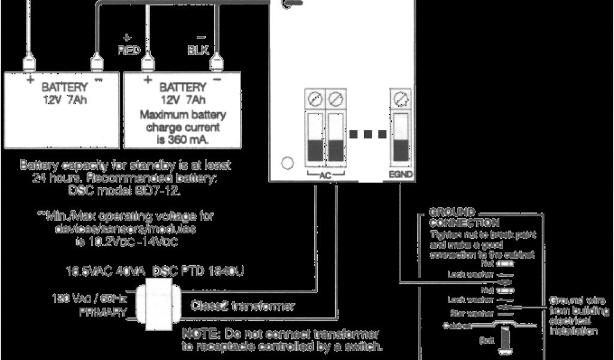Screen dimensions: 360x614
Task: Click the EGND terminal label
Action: coord(401,175)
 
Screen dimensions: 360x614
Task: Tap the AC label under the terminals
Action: coord(324,175)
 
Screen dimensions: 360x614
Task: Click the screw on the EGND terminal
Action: coord(401,97)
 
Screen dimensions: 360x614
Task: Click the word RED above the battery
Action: coord(129,50)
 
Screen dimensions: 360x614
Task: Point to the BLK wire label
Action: coord(198,50)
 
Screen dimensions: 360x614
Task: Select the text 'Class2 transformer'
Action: coord(242,306)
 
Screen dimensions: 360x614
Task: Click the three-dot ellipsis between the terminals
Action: coord(367,134)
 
